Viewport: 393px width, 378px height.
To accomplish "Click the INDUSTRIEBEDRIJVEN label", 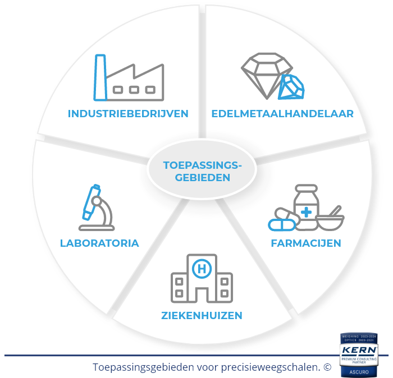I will [128, 113].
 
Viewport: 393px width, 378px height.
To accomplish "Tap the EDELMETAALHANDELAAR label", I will [282, 113].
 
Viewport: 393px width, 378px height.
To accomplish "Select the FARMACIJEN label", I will [306, 243].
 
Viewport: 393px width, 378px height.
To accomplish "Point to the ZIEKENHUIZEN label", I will [200, 315].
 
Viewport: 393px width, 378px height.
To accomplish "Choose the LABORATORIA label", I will [99, 243].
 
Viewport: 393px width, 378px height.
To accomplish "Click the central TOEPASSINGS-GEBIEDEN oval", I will [202, 171].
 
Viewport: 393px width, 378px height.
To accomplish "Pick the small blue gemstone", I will [291, 87].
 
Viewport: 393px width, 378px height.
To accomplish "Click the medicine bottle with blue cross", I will [307, 208].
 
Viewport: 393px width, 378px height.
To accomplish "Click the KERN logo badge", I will [359, 351].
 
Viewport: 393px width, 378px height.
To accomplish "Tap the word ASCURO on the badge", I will [359, 371].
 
